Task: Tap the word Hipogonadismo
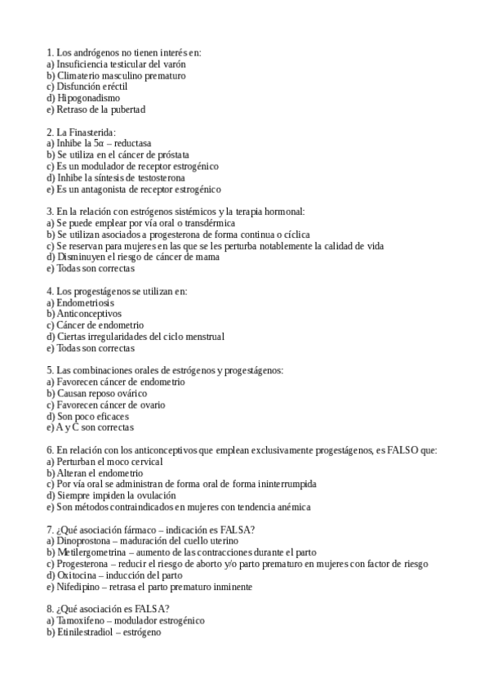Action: point(88,98)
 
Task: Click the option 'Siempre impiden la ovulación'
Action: point(115,495)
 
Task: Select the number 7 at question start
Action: point(51,530)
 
